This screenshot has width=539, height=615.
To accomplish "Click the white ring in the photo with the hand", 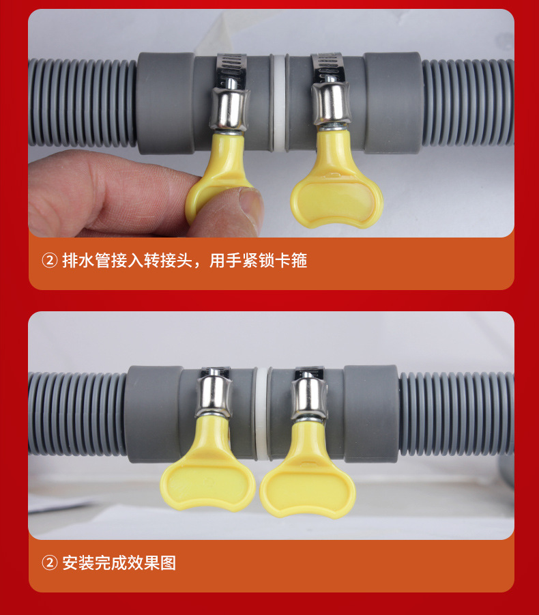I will pos(278,102).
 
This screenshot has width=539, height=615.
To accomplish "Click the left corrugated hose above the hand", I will pos(82,102).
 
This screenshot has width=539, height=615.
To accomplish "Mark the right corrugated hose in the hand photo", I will pos(468,102).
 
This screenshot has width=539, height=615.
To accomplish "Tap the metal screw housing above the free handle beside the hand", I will pos(332,102).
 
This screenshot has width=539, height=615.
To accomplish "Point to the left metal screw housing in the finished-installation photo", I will pos(213,396).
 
